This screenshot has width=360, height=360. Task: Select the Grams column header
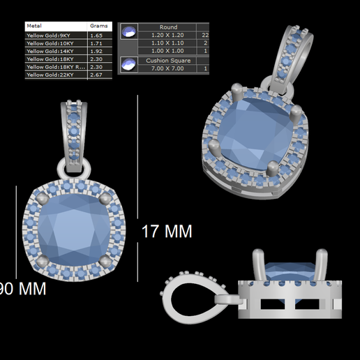[x=99, y=26]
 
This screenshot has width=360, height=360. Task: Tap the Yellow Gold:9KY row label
[x=50, y=34]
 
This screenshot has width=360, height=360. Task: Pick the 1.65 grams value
[x=97, y=34]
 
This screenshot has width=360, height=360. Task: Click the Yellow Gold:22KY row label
[x=51, y=75]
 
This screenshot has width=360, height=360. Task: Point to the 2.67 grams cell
[x=97, y=75]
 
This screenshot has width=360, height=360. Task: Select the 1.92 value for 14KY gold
[x=97, y=52]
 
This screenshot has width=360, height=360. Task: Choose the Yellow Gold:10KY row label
[x=51, y=43]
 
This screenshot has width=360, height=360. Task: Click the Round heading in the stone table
[x=168, y=27]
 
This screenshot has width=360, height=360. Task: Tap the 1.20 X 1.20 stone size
[x=168, y=34]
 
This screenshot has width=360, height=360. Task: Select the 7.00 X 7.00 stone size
[x=168, y=69]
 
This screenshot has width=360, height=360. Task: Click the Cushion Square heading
[x=168, y=61]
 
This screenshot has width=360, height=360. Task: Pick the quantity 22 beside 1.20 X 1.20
[x=205, y=34]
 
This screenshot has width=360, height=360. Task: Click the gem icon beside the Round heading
[x=128, y=30]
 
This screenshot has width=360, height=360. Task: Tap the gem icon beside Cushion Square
[x=128, y=65]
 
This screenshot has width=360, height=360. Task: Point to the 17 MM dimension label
[x=167, y=231]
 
